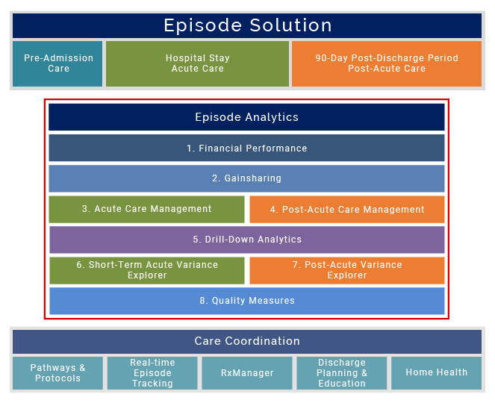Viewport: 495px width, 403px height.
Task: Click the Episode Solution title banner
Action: point(247,25)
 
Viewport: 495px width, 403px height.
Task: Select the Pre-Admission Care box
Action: point(58,63)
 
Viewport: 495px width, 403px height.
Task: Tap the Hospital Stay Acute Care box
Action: point(197,63)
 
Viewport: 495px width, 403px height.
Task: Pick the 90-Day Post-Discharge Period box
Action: point(386,63)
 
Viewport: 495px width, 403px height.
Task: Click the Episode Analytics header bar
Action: point(246,117)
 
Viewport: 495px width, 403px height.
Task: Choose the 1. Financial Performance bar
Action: point(246,149)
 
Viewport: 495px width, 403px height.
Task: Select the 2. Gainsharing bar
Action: point(246,179)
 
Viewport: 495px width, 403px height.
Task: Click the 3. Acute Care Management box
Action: point(146,210)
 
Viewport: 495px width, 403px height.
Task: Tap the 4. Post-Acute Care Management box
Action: point(347,210)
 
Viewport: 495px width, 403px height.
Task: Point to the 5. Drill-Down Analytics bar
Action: point(246,240)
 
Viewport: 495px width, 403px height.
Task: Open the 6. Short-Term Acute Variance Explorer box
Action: point(146,270)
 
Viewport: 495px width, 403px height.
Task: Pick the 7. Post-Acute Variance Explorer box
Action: point(347,270)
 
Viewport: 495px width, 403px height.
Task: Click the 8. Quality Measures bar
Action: point(246,301)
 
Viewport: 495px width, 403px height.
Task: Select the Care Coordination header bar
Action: point(247,341)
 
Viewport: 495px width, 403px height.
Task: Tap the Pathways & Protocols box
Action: point(57,373)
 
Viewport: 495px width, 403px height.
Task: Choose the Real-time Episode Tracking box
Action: point(152,373)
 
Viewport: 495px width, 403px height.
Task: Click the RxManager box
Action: point(247,373)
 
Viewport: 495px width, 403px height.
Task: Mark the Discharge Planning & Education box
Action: point(342,373)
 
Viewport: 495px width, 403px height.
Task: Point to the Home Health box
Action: point(437,373)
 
